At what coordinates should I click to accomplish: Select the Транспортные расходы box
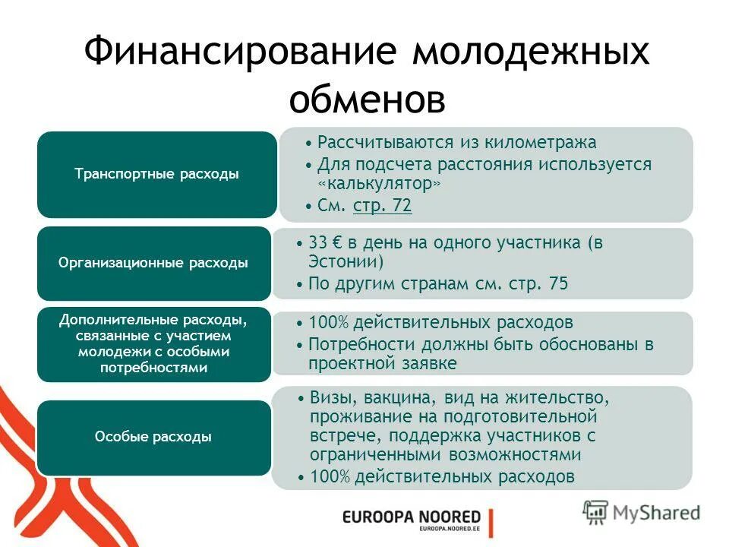156,175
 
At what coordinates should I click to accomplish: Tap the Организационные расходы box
153,264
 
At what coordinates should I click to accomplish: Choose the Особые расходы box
153,437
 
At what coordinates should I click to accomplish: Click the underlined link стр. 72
383,206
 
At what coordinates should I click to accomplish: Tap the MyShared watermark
642,512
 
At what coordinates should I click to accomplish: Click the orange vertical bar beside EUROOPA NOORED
491,522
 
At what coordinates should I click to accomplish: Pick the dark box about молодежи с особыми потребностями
153,344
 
